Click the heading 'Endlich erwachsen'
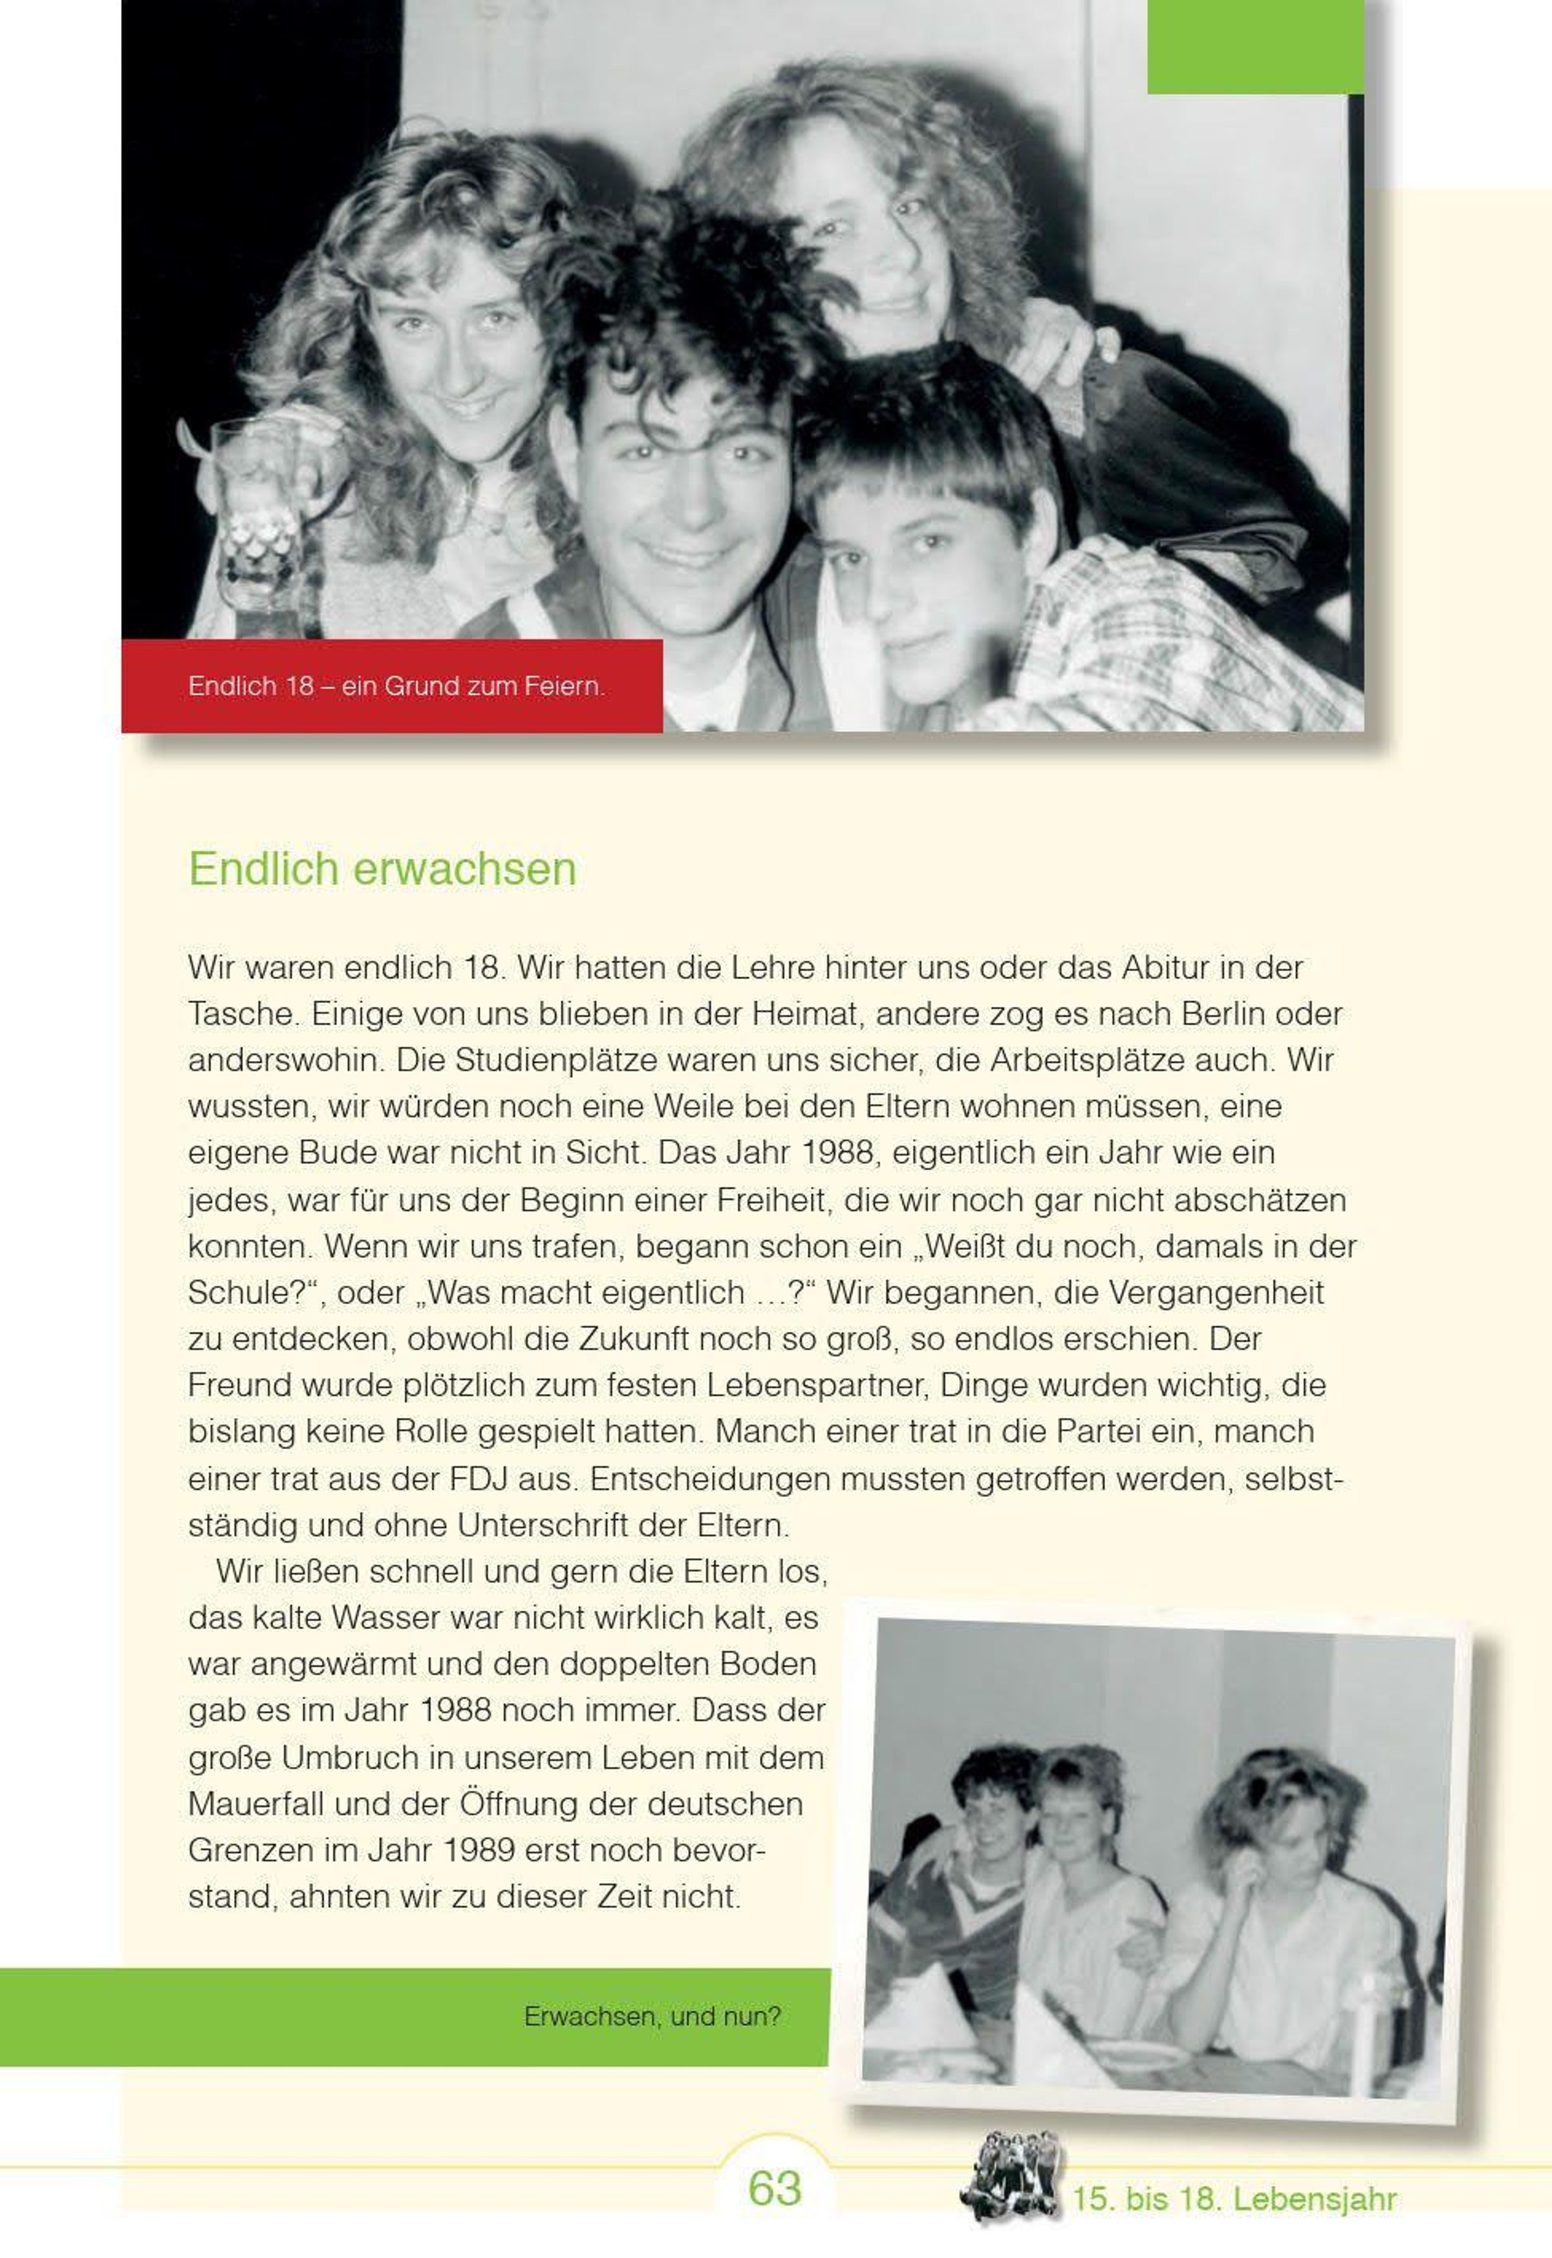click(382, 868)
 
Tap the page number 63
click(775, 2188)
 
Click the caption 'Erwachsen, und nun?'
click(652, 2016)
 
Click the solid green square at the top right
click(1255, 47)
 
